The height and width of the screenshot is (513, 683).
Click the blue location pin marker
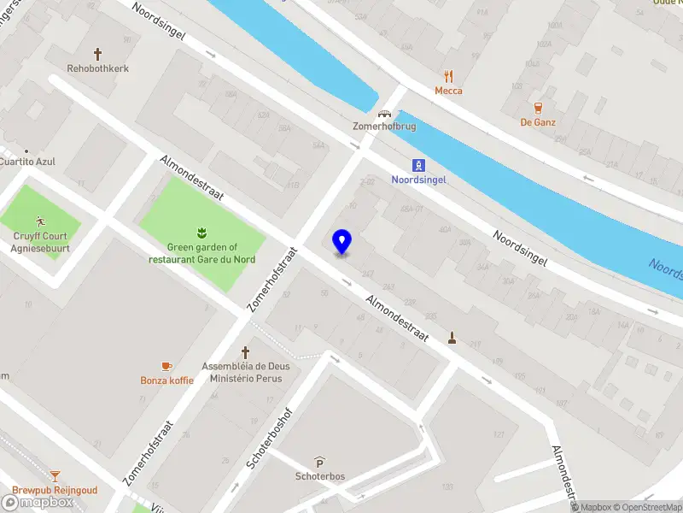341,242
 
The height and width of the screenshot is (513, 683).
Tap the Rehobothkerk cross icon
98,53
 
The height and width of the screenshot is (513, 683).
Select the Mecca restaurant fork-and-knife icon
448,75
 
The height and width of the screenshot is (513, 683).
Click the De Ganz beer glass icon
538,108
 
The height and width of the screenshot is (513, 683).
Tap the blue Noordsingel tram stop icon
418,165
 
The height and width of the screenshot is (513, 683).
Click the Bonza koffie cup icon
167,366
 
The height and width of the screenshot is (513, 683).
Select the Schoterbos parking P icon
319,462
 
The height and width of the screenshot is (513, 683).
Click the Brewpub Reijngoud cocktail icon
55,475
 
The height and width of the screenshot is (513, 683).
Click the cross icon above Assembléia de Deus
246,351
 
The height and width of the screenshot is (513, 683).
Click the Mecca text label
448,91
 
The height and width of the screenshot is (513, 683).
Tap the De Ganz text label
538,122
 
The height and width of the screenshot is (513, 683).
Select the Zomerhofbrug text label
383,126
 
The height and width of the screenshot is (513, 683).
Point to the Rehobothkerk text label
98,68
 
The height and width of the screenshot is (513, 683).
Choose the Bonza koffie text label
167,380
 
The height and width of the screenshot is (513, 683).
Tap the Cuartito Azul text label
27,161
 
